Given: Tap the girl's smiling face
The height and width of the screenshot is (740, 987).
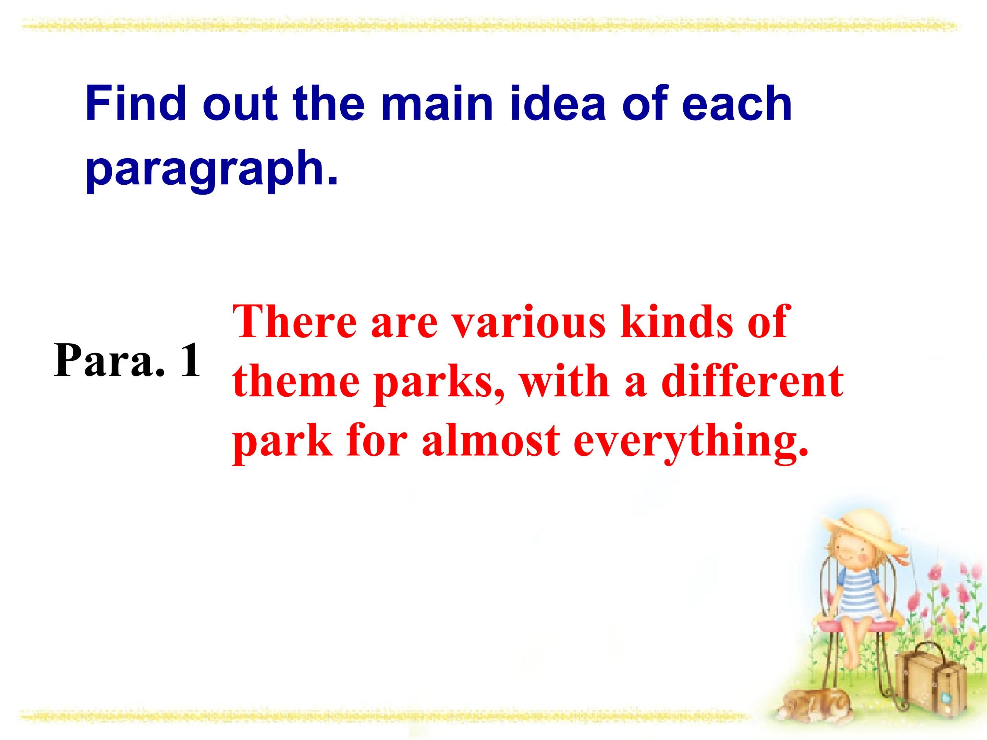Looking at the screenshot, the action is coord(850,555).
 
